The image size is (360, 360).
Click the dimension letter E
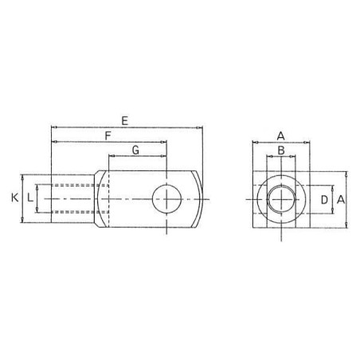coord(125,121)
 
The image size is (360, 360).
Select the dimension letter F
coord(108,136)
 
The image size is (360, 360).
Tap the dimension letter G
coord(135,151)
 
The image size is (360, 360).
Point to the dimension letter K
coord(15,198)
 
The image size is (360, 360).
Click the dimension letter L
coord(30,198)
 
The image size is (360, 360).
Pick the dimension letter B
coord(281,151)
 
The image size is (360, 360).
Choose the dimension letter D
coord(324,200)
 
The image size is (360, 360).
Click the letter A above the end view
coord(280,136)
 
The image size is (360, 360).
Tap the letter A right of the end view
coord(341,199)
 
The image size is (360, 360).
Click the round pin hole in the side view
coord(166,199)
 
